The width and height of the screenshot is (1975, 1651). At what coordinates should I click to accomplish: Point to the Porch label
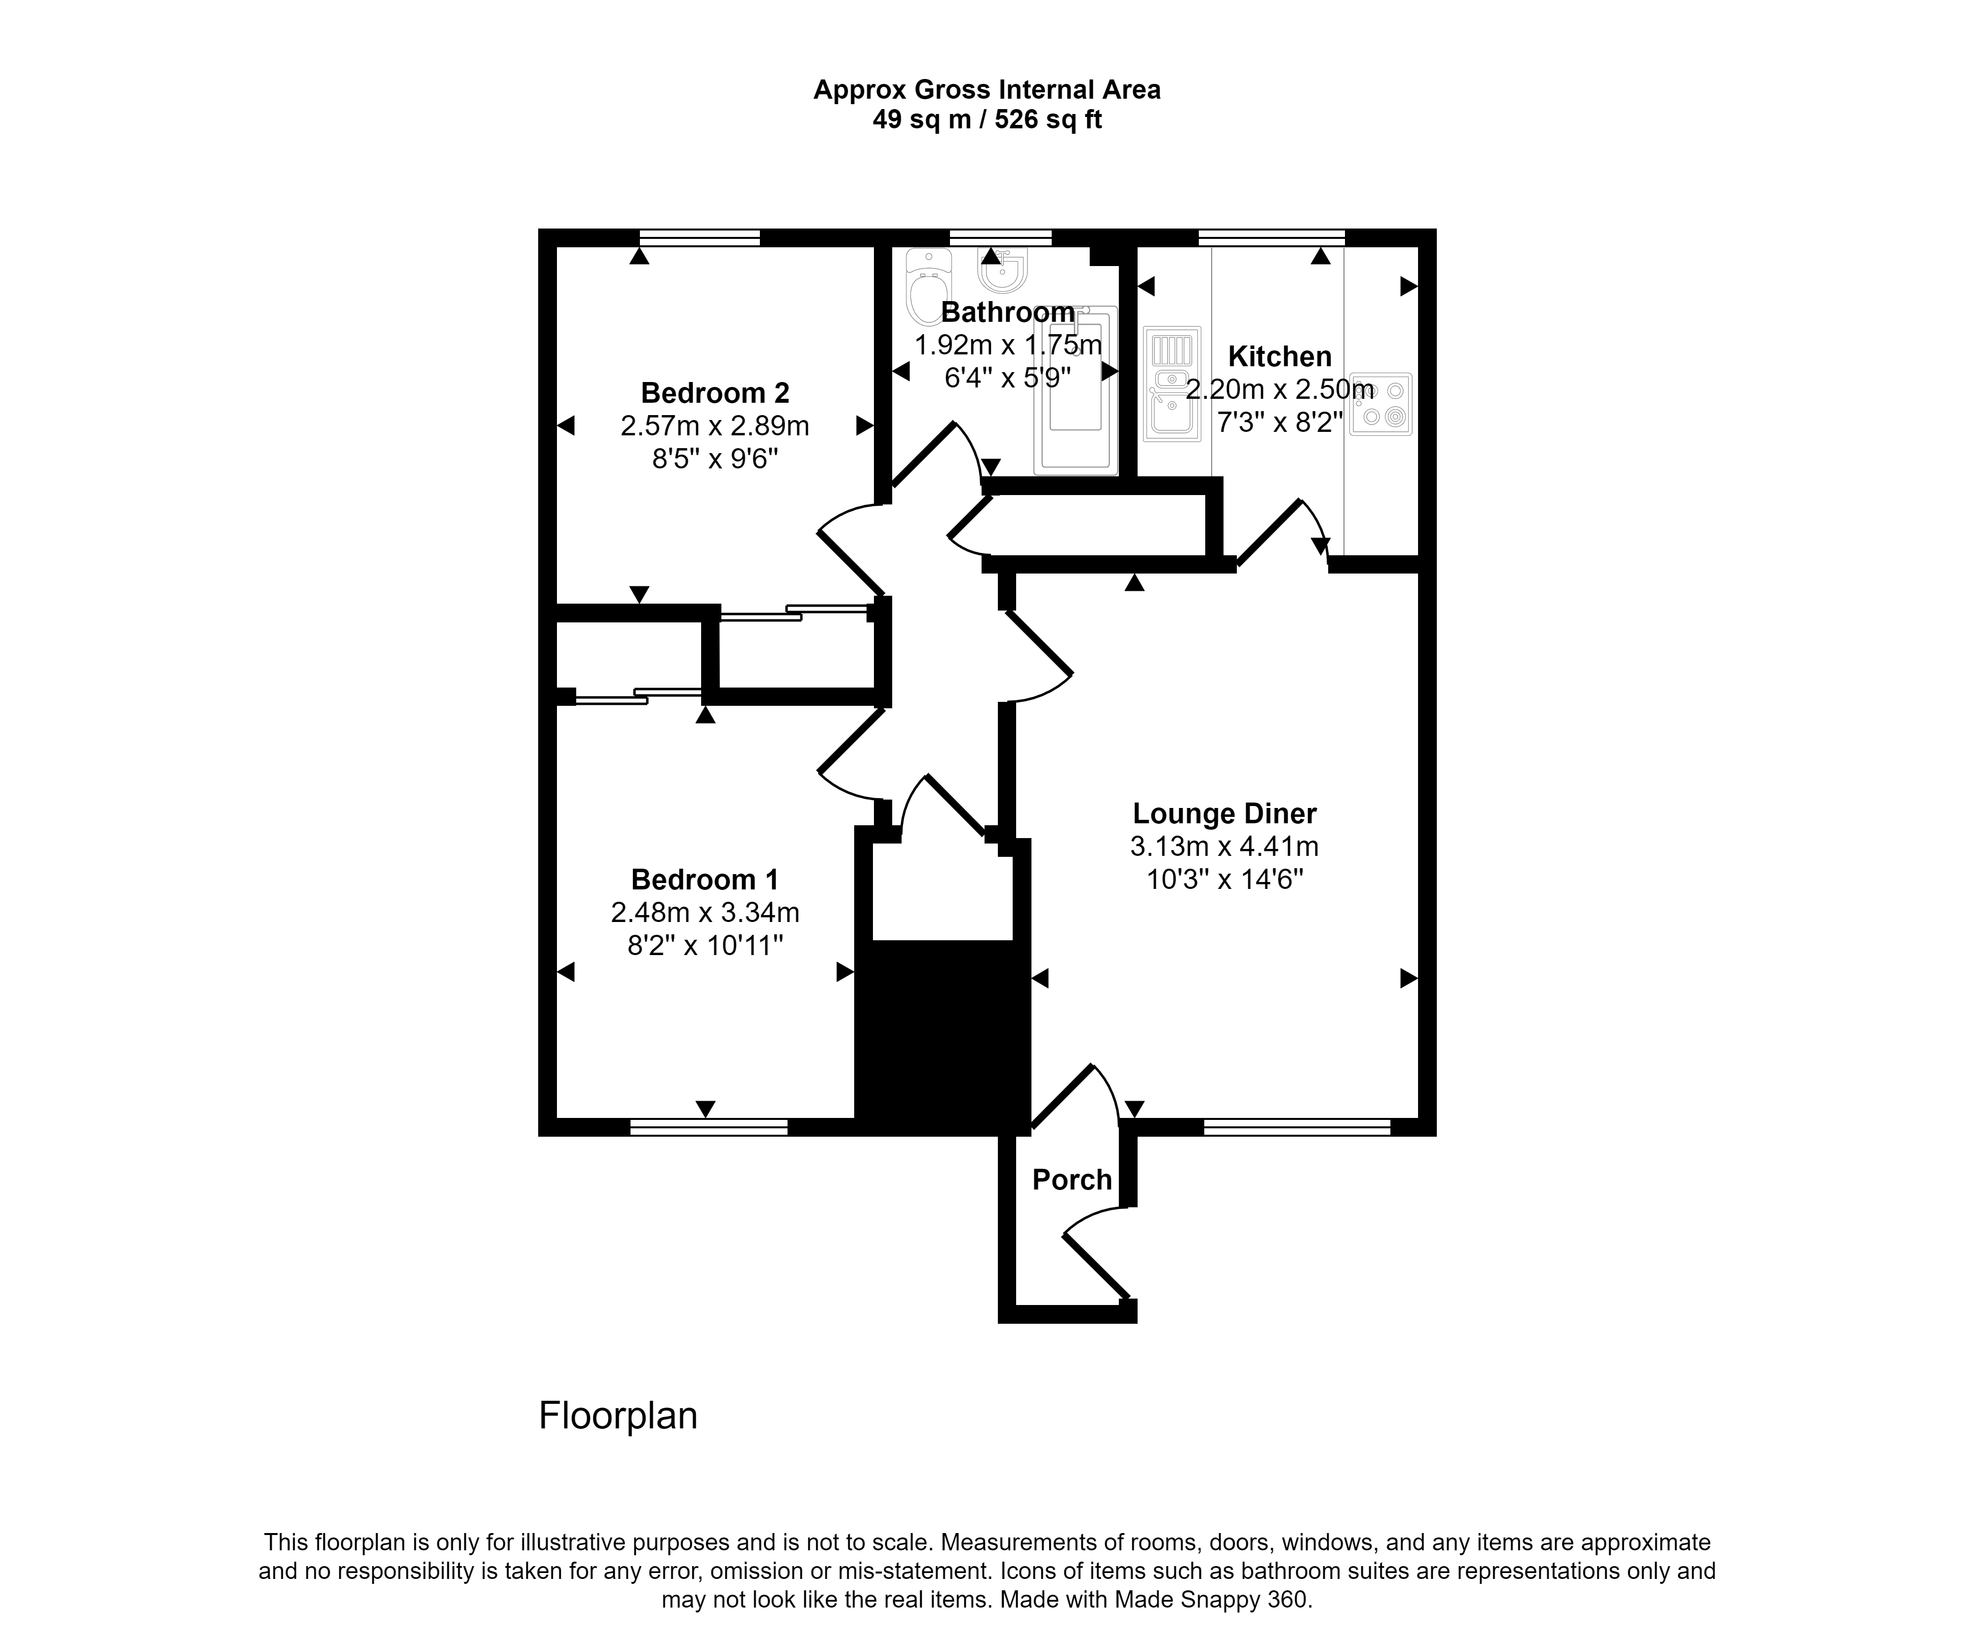[1071, 1180]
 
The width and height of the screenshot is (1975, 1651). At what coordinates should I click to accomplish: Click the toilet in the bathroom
[928, 287]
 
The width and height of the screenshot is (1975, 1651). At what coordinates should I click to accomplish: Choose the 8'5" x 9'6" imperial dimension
[715, 460]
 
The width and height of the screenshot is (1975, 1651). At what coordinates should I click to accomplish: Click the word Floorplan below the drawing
[618, 1416]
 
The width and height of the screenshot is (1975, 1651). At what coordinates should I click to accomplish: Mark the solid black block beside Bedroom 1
[943, 1034]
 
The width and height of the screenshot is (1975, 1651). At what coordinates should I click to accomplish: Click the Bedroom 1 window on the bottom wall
[708, 1127]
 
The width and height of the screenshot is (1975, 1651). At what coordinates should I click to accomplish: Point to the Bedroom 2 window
[699, 237]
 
